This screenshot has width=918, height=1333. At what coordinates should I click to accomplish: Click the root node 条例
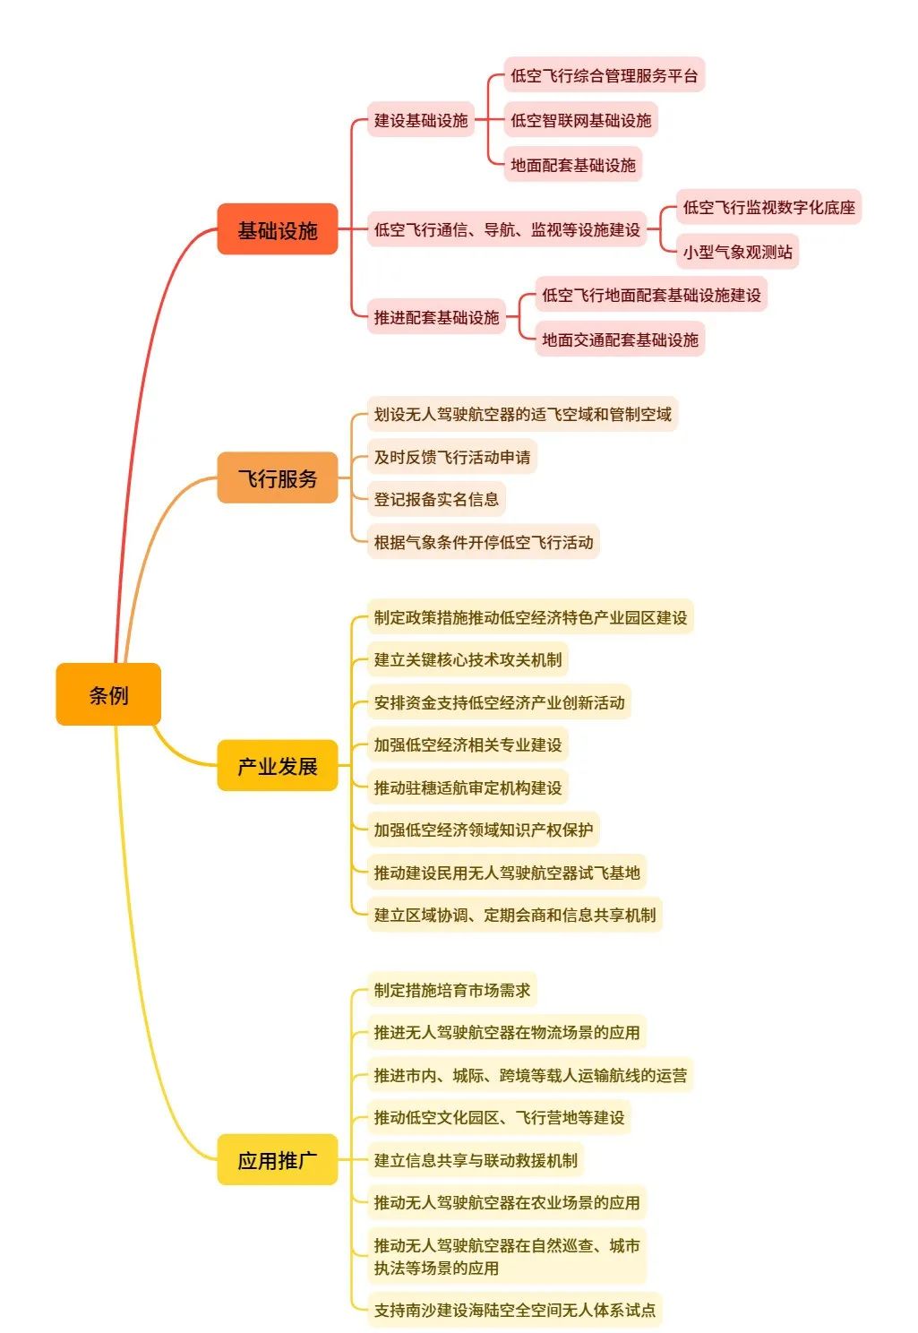click(108, 694)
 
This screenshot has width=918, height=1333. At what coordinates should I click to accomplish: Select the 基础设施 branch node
click(277, 230)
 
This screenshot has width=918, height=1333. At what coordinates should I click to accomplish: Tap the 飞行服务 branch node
click(277, 478)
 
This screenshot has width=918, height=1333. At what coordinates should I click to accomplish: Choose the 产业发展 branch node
click(277, 766)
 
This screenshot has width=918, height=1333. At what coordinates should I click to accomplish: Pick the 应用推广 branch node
click(277, 1160)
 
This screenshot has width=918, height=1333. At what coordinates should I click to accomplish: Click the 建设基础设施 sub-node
click(421, 120)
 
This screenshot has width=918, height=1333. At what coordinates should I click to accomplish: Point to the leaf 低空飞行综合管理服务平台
click(604, 75)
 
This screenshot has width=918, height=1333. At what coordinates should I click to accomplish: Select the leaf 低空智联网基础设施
click(580, 120)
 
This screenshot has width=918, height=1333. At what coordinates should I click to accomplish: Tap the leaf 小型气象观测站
click(737, 252)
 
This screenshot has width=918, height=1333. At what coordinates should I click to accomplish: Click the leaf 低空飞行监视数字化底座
click(768, 207)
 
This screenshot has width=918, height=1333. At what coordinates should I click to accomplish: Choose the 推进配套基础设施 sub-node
click(436, 317)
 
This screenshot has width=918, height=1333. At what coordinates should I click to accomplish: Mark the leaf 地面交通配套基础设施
click(620, 340)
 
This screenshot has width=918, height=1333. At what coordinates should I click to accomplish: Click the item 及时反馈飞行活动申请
click(452, 457)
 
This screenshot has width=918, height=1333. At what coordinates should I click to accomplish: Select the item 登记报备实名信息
click(436, 499)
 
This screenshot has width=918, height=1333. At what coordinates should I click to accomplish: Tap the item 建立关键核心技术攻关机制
click(468, 659)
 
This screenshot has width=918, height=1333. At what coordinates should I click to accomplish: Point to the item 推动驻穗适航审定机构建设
click(468, 787)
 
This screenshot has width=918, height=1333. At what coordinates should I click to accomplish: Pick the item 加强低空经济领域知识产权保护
click(483, 830)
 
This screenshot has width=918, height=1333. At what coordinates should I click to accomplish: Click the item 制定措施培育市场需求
click(452, 990)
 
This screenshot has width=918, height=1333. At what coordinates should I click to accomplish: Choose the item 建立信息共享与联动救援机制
click(476, 1160)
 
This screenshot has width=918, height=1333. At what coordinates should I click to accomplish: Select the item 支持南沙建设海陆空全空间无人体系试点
click(515, 1310)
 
